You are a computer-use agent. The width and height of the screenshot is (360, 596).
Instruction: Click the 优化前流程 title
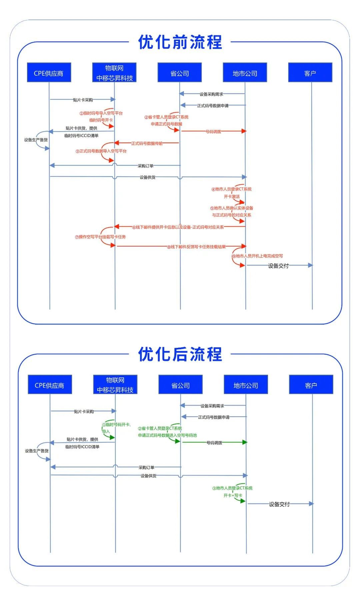(180, 42)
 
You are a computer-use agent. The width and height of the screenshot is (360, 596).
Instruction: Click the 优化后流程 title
(180, 354)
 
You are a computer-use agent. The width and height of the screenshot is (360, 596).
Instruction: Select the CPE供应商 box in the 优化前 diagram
(49, 73)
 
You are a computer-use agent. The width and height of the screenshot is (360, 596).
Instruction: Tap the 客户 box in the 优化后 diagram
(311, 385)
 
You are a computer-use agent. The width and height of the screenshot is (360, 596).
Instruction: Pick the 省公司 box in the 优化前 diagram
(180, 73)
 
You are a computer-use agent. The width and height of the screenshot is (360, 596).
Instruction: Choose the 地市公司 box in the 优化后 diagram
(246, 385)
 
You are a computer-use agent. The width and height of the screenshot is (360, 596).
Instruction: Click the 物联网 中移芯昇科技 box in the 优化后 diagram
(115, 385)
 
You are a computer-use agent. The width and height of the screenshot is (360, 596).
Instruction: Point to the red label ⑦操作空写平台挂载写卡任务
(100, 237)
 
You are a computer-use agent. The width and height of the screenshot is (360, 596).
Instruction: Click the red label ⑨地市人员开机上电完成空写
(257, 256)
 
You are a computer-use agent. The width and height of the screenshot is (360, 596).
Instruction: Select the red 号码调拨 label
(213, 131)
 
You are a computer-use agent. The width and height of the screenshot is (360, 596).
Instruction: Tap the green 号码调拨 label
(214, 443)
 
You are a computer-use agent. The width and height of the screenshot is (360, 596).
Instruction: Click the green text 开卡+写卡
(233, 495)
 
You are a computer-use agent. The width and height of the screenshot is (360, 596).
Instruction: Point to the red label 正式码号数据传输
(147, 143)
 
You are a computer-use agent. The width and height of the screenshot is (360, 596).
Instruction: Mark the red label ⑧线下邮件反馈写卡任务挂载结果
(196, 247)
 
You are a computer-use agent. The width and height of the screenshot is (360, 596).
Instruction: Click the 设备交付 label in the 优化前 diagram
(278, 266)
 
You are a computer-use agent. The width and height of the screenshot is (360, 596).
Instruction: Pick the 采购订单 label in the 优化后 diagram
(146, 468)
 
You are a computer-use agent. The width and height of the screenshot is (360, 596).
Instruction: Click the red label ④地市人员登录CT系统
(232, 189)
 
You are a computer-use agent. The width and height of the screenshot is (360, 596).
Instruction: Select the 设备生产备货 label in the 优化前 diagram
(36, 140)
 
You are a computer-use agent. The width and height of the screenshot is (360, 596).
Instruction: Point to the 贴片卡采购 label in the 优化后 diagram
(84, 412)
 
